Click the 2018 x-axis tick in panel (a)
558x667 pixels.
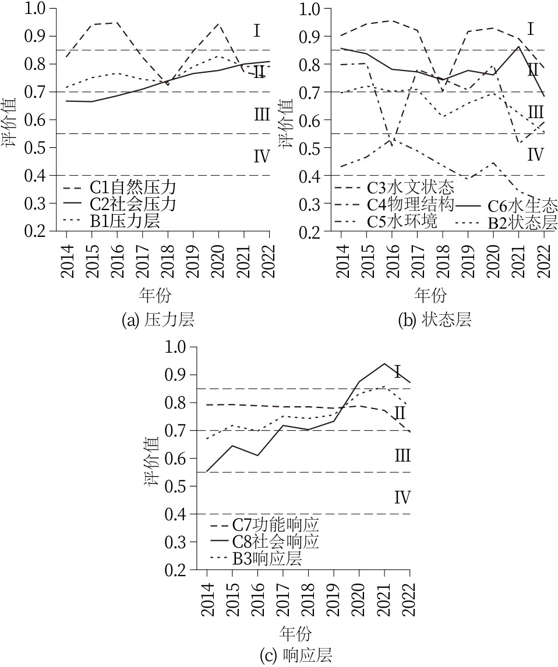click(168, 254)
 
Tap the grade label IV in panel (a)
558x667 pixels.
click(261, 156)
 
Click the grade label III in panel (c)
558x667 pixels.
click(402, 455)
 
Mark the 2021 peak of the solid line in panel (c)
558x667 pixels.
click(384, 364)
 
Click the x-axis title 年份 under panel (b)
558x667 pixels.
click(432, 294)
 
